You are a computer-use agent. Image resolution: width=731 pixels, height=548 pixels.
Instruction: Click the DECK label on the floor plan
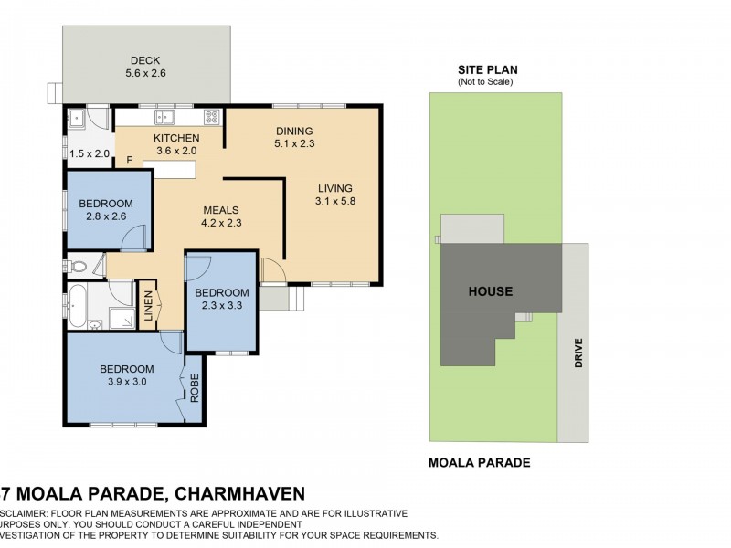[145, 59]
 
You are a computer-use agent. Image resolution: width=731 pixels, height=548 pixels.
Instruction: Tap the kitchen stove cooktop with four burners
[212, 116]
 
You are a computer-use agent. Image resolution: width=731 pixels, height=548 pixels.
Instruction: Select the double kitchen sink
[164, 116]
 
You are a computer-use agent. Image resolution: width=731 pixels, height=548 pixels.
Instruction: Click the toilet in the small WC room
[78, 268]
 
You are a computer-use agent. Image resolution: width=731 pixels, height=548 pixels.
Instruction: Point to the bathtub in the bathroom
[79, 307]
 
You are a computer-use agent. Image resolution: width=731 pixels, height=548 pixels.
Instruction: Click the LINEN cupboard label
[148, 309]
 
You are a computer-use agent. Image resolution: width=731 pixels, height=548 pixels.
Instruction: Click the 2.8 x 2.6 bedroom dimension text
[106, 216]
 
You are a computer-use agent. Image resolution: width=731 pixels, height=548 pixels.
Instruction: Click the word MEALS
[220, 209]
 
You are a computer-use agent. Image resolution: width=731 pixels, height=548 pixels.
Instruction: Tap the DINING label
[293, 131]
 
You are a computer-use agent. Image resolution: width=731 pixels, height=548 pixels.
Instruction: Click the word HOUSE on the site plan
[491, 291]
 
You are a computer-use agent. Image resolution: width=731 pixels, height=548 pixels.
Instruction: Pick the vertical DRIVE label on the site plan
[577, 353]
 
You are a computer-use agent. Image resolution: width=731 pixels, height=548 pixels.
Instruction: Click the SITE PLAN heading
[485, 69]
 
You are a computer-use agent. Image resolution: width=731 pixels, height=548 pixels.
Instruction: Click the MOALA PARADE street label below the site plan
[479, 462]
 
